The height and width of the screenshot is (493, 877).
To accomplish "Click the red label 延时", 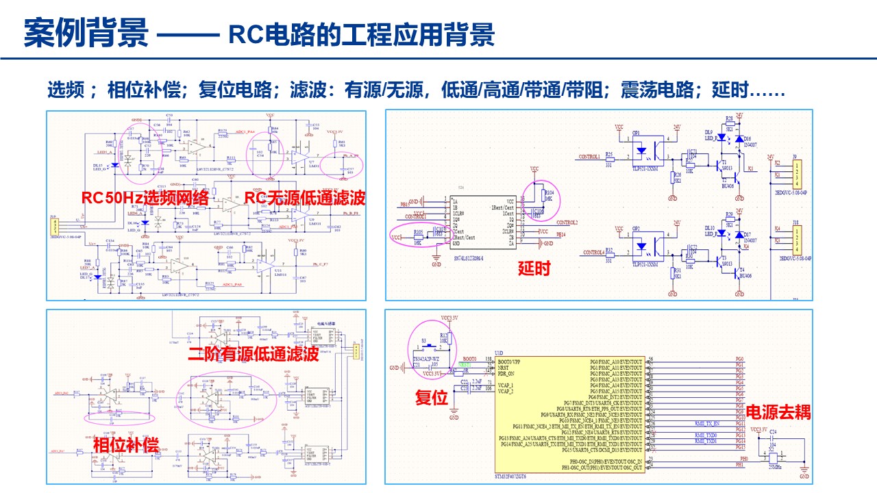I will coord(534,268).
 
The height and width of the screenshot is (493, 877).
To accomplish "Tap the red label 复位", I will coord(432,397).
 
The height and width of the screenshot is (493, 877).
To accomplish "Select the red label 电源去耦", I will coord(778,412).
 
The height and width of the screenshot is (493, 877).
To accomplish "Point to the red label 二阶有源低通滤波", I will coord(254,354).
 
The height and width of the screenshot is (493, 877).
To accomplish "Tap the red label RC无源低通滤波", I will coord(305,198).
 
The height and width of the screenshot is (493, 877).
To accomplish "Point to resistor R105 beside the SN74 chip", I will coord(418,238).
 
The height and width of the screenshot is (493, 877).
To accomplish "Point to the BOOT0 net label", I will coord(469,359).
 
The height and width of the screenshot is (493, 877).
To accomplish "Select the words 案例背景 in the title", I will coord(86,34).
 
